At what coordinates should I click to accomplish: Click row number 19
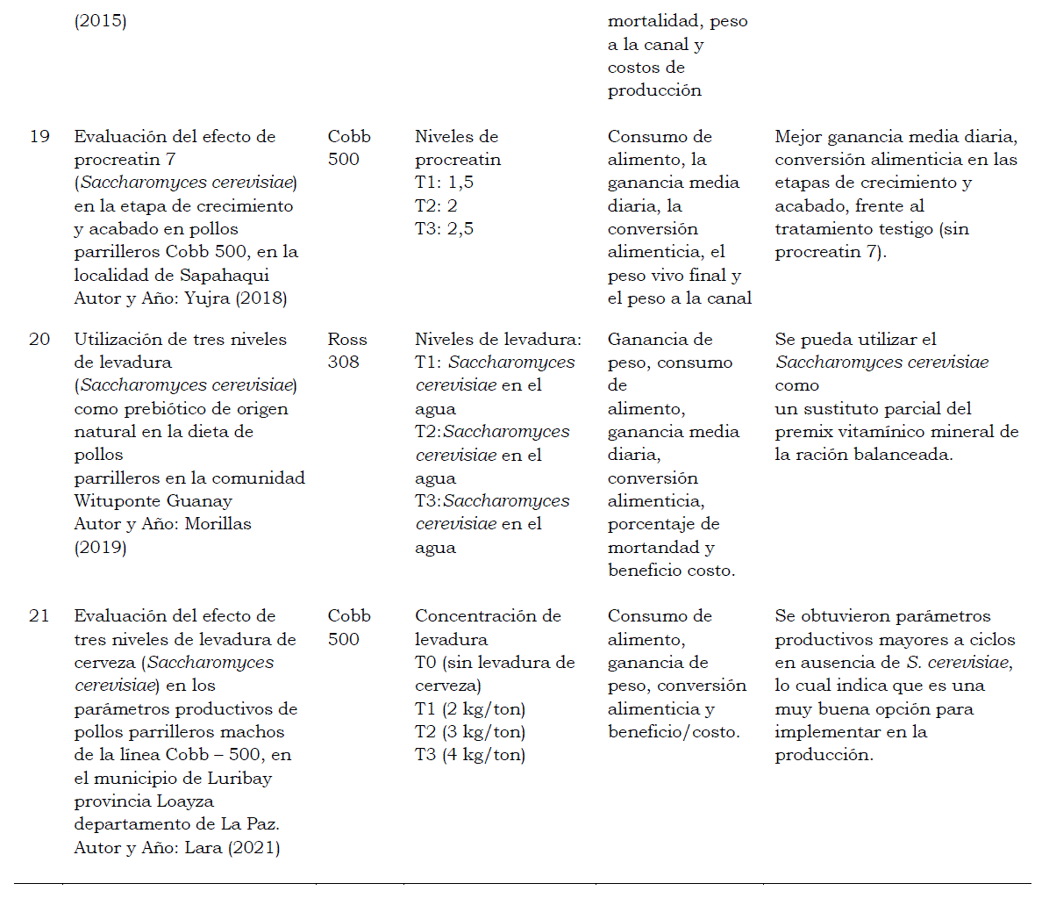[39, 136]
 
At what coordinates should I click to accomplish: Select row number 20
[39, 339]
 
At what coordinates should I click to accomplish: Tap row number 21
[39, 615]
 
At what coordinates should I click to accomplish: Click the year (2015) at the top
[100, 21]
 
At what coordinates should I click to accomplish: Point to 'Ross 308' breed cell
[347, 350]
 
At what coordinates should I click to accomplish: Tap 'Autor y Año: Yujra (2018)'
[181, 298]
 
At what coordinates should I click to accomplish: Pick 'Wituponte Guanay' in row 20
[153, 501]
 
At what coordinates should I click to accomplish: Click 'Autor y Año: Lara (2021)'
[177, 847]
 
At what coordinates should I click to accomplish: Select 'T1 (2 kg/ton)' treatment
[470, 708]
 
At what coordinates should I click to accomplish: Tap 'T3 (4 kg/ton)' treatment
[470, 754]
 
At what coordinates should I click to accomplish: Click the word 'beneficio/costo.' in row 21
[674, 731]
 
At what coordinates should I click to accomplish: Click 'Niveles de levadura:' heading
[497, 339]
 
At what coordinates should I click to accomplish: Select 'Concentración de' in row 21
[488, 615]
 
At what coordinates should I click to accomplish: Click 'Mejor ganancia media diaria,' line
[895, 136]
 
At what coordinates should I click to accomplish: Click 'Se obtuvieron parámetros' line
[882, 615]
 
